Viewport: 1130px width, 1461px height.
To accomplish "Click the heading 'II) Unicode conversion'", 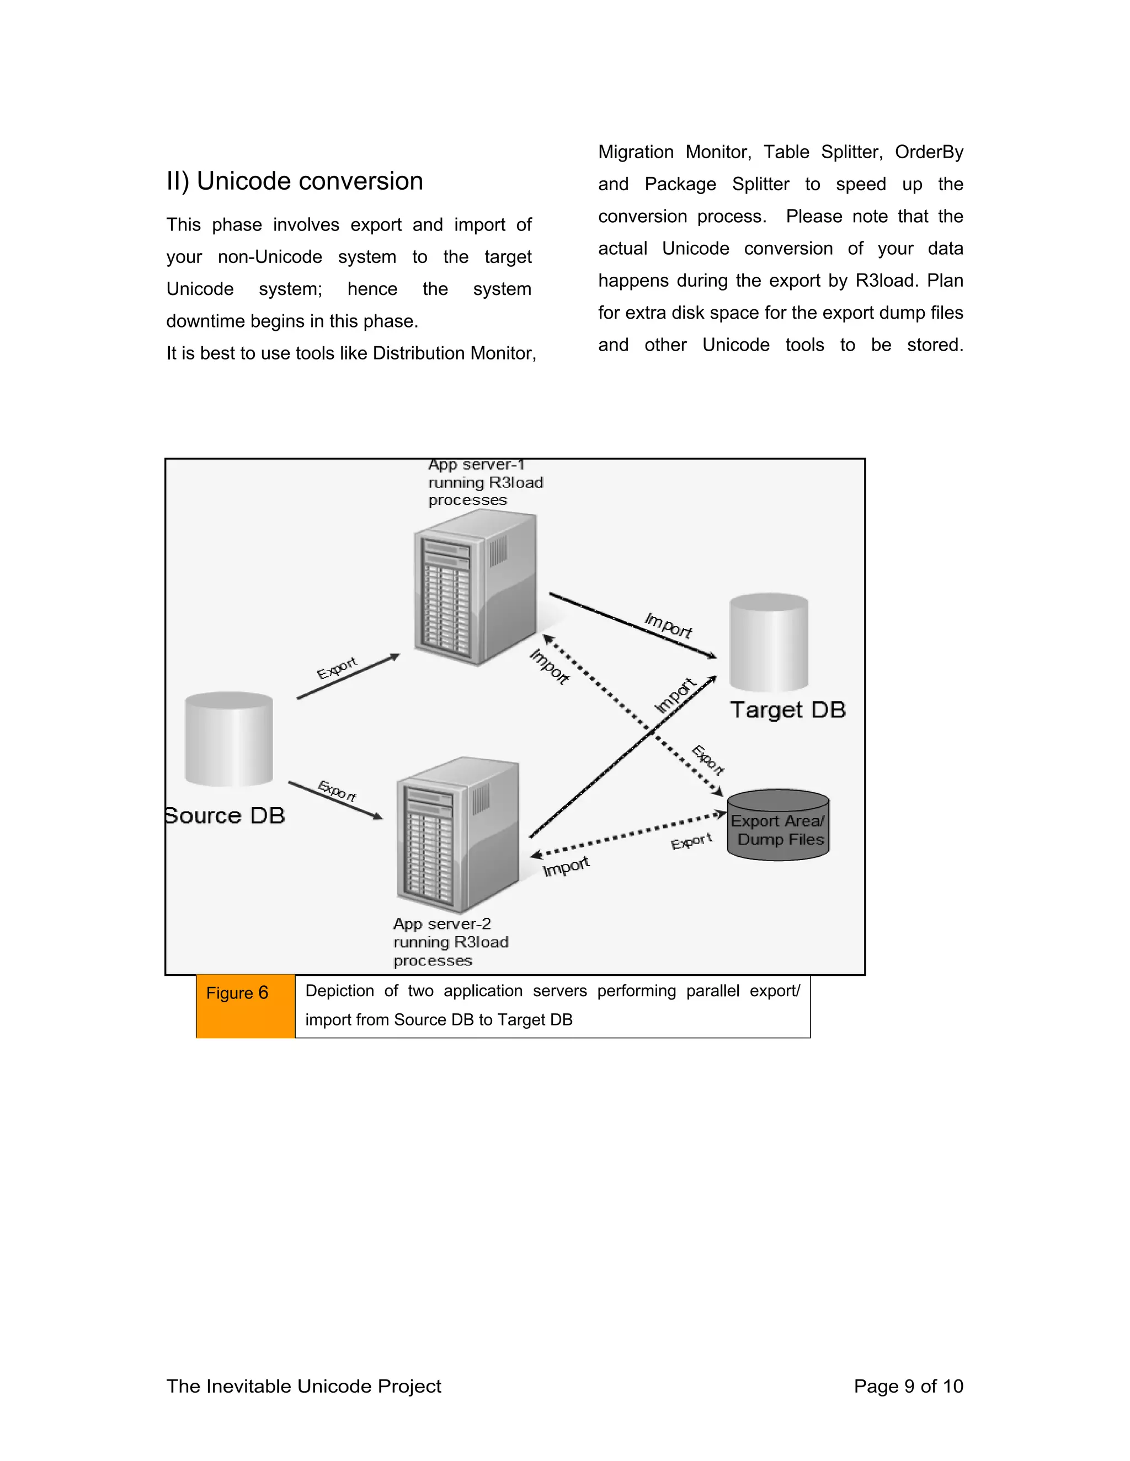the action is (x=295, y=181).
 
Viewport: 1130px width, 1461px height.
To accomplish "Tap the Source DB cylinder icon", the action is (x=229, y=739).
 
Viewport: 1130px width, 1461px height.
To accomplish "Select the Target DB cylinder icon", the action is (x=769, y=642).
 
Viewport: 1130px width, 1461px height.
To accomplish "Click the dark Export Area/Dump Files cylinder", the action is (x=778, y=825).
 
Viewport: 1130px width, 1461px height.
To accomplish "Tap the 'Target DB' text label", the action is (x=788, y=710).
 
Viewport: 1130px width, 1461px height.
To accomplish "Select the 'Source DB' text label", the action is (x=226, y=816).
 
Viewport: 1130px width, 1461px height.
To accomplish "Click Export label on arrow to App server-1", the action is (x=337, y=668).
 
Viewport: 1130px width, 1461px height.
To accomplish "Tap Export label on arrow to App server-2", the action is (x=337, y=791).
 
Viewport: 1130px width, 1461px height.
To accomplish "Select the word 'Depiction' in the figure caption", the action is (x=339, y=991).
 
